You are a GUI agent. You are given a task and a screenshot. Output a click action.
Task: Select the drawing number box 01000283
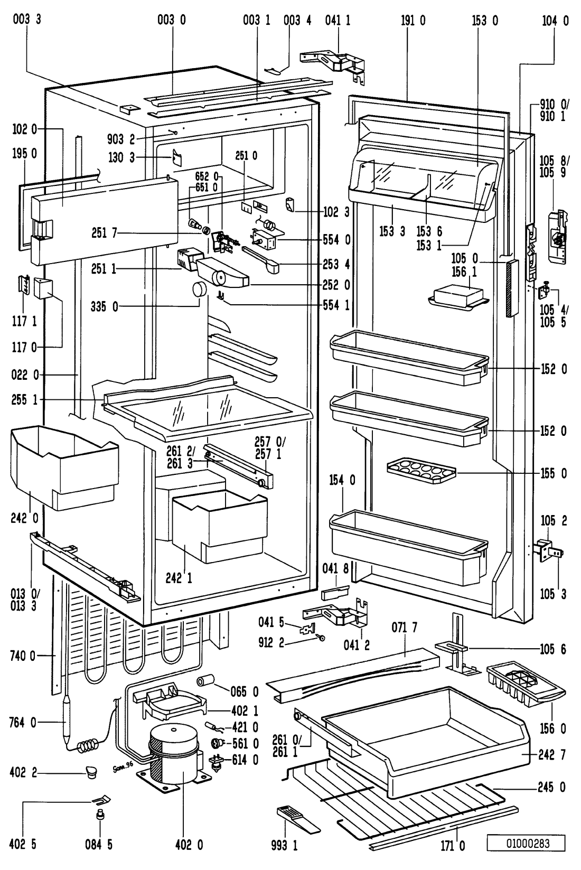526,843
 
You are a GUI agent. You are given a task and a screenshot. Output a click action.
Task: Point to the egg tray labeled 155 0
421,469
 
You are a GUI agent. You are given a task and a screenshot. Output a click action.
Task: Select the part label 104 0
555,21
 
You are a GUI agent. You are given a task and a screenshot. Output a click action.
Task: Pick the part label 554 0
336,240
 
